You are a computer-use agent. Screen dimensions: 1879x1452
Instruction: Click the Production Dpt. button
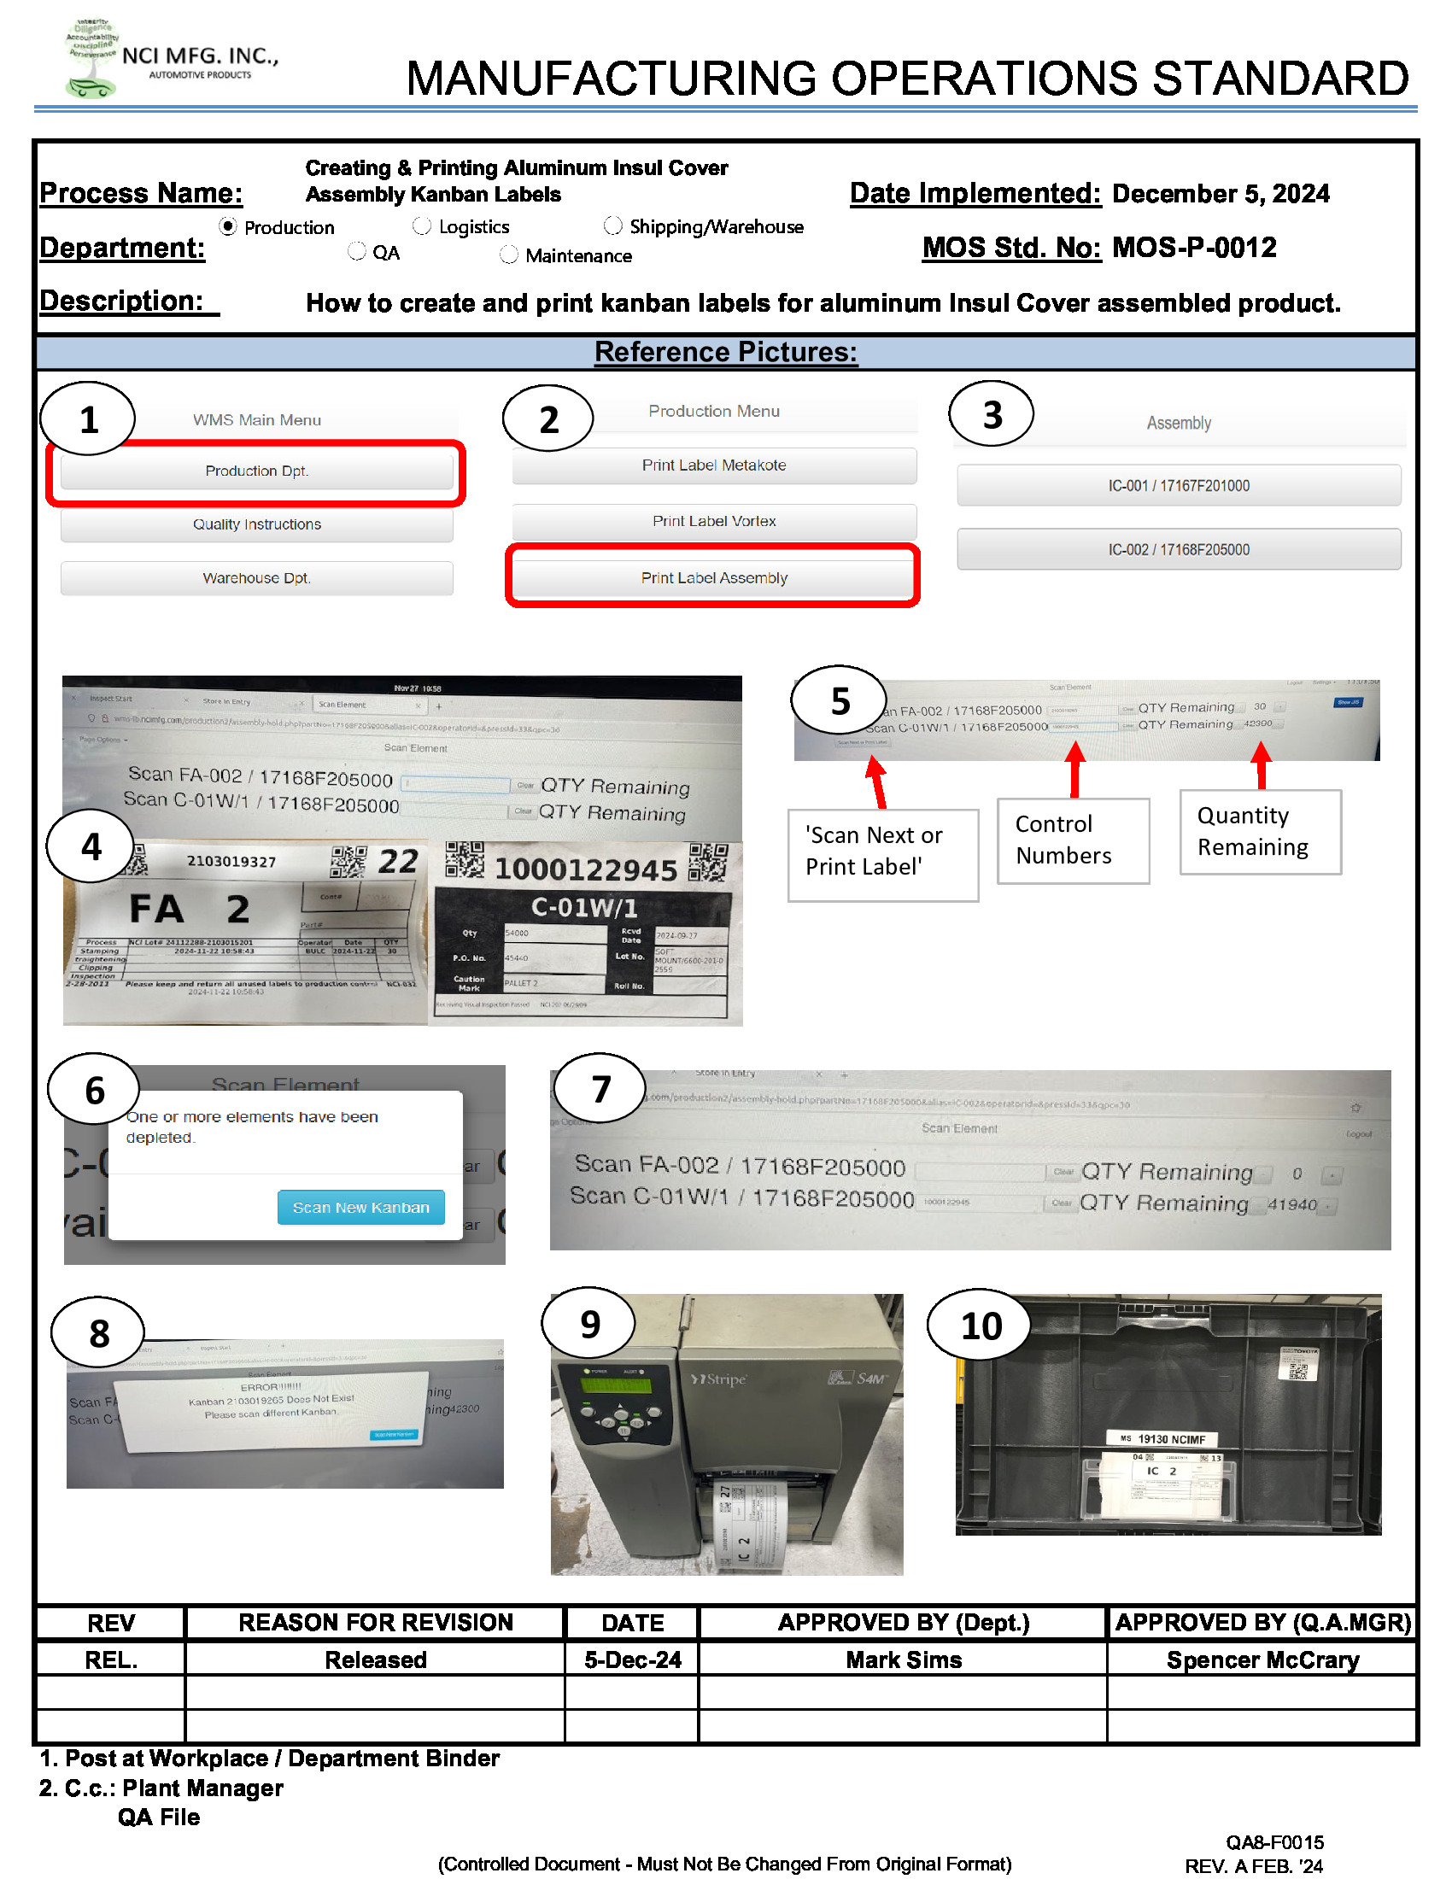(x=256, y=471)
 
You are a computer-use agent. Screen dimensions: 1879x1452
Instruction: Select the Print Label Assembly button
(x=713, y=578)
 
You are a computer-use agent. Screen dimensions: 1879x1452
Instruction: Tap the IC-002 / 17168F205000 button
(x=1178, y=550)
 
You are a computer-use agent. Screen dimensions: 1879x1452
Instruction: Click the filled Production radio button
(x=228, y=226)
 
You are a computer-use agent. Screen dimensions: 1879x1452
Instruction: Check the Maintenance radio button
(x=509, y=255)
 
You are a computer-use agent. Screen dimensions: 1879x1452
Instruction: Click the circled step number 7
(x=600, y=1089)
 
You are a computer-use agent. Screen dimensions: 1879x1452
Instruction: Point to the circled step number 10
(x=981, y=1326)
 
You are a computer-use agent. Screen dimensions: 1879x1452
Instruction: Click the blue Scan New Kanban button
(x=360, y=1207)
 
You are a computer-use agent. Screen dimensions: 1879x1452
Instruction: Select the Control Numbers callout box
(x=1072, y=840)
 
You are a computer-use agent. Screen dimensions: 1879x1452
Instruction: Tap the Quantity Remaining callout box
(x=1259, y=832)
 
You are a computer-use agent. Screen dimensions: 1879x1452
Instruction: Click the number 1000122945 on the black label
(x=586, y=869)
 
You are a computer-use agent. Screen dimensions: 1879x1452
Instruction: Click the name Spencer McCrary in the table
(x=1262, y=1659)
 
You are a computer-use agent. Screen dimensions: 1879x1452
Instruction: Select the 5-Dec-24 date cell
(x=632, y=1659)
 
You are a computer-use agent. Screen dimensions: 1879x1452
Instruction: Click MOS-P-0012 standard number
(x=1193, y=248)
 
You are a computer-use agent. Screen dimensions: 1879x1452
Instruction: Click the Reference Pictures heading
(x=725, y=352)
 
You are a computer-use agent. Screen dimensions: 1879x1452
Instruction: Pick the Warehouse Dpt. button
(x=256, y=578)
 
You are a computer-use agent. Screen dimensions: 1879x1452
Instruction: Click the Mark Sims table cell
(x=902, y=1659)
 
